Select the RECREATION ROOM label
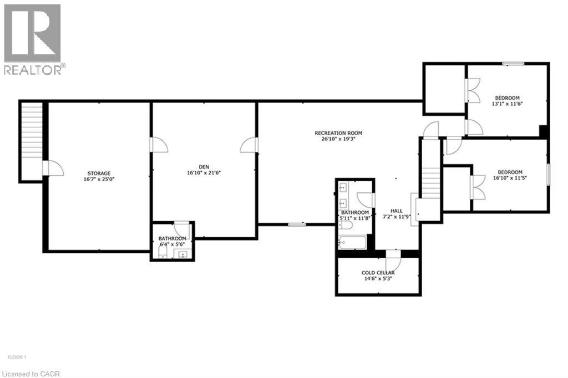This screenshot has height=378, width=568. [338, 133]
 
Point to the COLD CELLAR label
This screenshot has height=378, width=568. [378, 273]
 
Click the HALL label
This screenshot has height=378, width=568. [397, 211]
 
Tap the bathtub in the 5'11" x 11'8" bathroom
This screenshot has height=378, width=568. [352, 242]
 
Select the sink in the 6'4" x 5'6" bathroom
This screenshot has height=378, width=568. [181, 254]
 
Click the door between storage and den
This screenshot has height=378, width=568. [158, 145]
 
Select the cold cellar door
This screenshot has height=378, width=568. [393, 258]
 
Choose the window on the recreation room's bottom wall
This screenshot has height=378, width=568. [297, 224]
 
